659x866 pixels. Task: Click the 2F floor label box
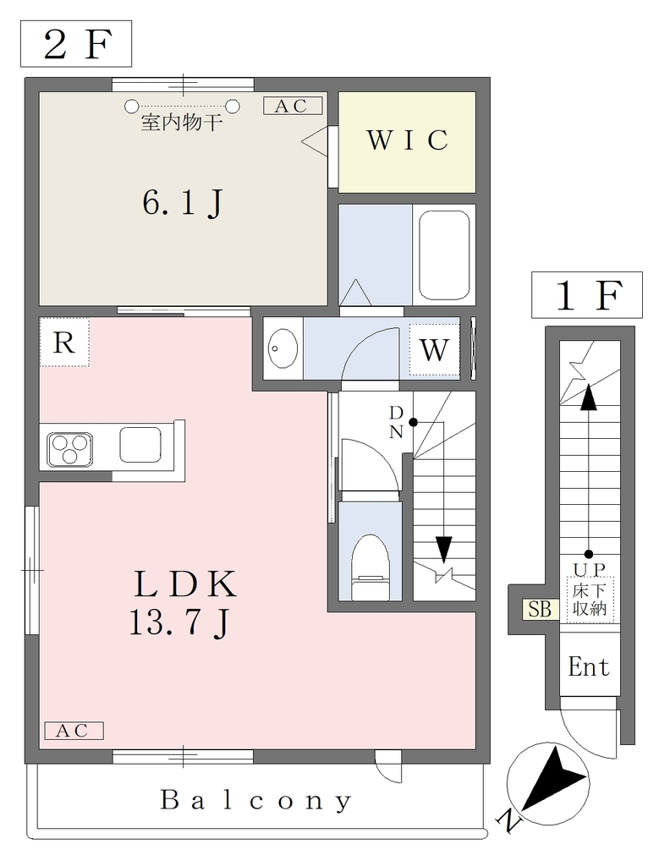tap(76, 44)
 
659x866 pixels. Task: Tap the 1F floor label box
tap(587, 295)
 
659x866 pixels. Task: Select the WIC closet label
tap(407, 140)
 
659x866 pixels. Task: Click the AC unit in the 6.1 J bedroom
tap(292, 106)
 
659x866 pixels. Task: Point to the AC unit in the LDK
tap(74, 731)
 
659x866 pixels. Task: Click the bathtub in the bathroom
tap(443, 255)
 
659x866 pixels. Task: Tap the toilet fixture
tap(370, 566)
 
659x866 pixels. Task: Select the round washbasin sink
tap(283, 348)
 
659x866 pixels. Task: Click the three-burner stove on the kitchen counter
tap(70, 448)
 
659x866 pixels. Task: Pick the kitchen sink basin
tap(140, 445)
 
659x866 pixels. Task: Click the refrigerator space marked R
tap(64, 343)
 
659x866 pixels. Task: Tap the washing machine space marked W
tap(434, 349)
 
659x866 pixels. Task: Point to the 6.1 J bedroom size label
tap(182, 203)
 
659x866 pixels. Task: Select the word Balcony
tap(255, 800)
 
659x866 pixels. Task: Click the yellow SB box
tap(540, 609)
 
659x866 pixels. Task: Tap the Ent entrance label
tap(589, 667)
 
